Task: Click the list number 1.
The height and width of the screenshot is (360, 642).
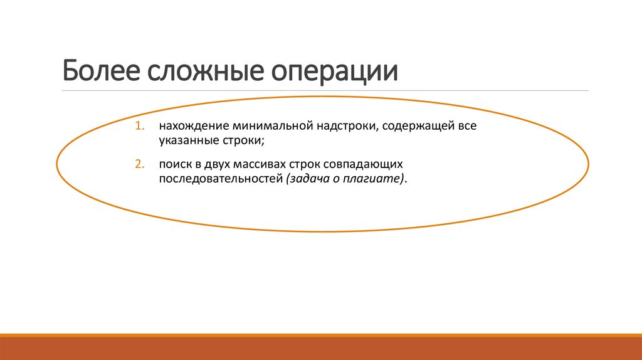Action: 137,126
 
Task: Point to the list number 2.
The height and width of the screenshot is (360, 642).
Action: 137,164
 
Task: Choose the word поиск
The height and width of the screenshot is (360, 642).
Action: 173,164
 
